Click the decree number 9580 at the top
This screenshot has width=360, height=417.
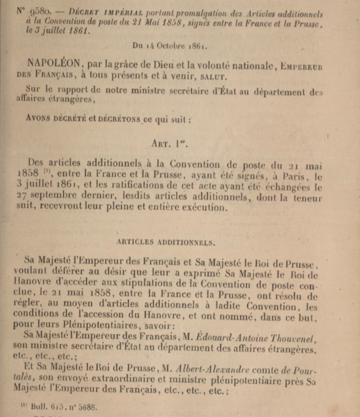(x=36, y=10)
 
